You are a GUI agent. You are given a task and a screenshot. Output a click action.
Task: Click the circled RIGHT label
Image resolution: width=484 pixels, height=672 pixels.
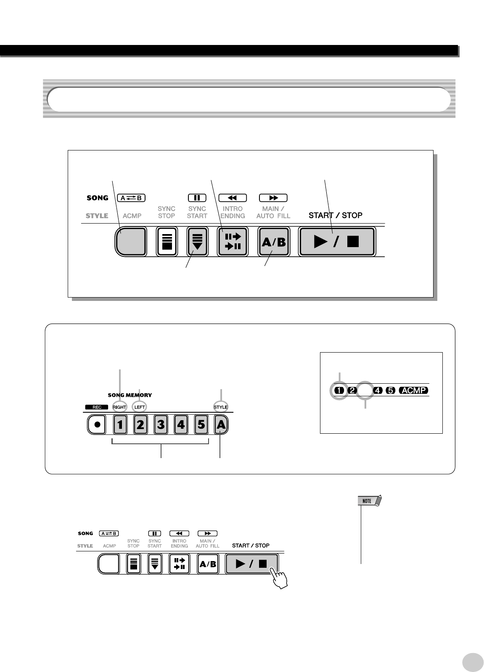(119, 407)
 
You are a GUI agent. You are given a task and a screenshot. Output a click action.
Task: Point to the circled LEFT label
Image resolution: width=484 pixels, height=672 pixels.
(140, 407)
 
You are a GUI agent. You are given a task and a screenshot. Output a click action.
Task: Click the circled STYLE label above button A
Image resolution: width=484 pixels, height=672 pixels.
(221, 407)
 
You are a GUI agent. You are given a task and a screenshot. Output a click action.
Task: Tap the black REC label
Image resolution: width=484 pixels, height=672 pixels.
(97, 407)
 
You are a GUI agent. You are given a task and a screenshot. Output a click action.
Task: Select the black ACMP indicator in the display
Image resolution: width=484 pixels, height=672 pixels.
(413, 390)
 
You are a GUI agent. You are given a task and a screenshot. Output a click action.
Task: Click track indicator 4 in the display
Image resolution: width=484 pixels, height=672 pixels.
(377, 390)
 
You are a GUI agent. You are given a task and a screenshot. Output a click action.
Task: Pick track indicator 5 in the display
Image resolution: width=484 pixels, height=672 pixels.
(390, 390)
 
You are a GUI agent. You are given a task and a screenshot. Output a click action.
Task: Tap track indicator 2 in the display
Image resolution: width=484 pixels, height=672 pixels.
(352, 390)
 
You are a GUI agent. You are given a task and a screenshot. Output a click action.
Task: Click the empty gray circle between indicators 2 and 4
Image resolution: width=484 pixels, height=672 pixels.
(365, 390)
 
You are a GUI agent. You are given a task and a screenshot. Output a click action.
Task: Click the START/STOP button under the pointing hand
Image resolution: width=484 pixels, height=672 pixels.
(251, 564)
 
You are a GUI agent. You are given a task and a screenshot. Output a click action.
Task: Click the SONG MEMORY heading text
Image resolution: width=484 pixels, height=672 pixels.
(130, 395)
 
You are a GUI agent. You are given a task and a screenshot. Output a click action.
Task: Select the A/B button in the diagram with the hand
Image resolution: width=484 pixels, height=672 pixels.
(208, 564)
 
